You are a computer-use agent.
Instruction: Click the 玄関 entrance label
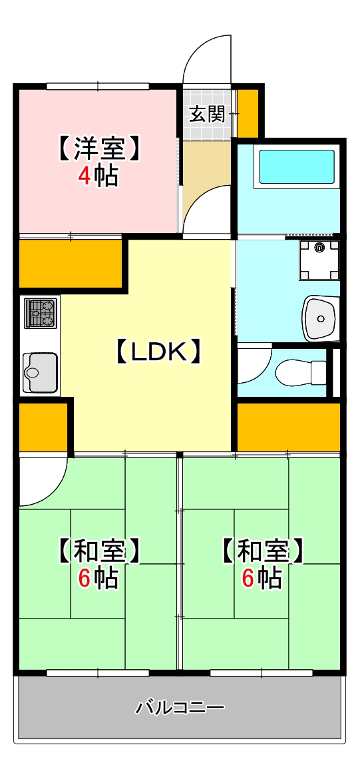click(207, 115)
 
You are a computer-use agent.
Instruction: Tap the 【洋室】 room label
click(99, 148)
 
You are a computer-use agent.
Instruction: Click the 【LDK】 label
click(159, 352)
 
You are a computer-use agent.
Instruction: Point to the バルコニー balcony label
click(180, 707)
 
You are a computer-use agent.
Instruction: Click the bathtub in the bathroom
click(296, 166)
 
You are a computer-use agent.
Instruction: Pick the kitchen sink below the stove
click(40, 372)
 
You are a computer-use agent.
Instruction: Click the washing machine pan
click(319, 260)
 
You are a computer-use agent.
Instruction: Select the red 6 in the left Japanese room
click(85, 578)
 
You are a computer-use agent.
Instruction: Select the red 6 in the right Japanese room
click(248, 578)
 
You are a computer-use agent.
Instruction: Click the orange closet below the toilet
click(288, 426)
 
